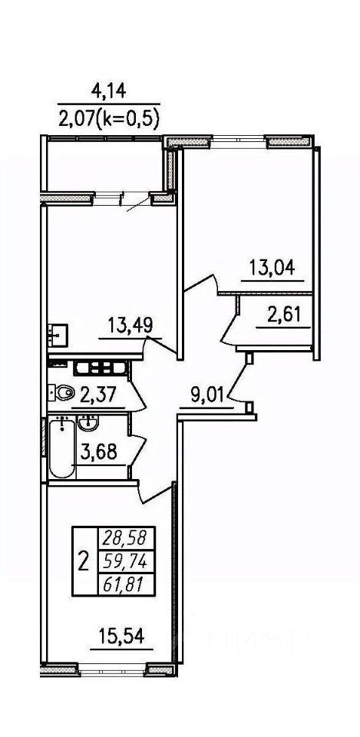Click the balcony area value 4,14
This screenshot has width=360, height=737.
coord(109,91)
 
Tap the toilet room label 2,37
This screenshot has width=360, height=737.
coord(98,395)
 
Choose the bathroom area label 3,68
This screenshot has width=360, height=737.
coord(99,454)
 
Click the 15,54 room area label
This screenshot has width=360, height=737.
coord(121,638)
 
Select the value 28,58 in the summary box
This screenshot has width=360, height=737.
coord(125,537)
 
